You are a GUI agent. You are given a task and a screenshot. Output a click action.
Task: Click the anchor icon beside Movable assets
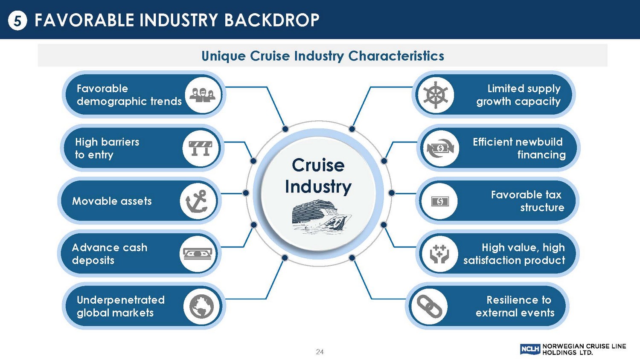(198, 201)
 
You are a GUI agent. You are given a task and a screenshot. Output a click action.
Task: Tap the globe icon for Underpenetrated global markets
(202, 306)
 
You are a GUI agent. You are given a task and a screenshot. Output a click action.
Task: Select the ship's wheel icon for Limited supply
(436, 95)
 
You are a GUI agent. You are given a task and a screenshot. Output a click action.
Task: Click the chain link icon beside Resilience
(429, 306)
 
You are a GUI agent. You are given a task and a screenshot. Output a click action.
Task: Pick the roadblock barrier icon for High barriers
(201, 148)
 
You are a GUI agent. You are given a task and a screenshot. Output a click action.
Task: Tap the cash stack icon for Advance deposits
(198, 254)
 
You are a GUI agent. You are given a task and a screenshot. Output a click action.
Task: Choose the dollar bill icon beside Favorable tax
(439, 201)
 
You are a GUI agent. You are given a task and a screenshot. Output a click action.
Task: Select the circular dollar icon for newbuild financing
(440, 148)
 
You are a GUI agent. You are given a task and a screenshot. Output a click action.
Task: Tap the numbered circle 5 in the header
(17, 20)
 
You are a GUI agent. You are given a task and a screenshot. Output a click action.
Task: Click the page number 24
(320, 351)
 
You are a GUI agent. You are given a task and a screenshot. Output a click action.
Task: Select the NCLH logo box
(530, 349)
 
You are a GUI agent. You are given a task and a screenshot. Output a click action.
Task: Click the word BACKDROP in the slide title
(272, 20)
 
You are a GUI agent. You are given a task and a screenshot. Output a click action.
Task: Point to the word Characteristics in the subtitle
(396, 56)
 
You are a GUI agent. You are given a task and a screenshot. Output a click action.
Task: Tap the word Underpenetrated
(121, 300)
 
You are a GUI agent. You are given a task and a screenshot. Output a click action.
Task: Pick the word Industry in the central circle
(318, 187)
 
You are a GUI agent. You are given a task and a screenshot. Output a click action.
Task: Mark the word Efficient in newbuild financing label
(493, 142)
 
